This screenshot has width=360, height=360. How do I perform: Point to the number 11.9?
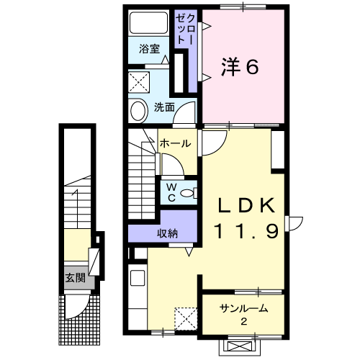tap(248, 232)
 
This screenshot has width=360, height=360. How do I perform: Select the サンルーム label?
tap(244, 308)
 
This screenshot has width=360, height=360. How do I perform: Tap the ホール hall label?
tap(175, 143)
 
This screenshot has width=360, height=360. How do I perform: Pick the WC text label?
tap(172, 192)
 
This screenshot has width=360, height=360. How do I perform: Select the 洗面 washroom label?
tap(164, 108)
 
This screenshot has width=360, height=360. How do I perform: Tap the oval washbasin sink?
tap(138, 110)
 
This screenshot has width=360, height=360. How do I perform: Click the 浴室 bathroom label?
tap(149, 51)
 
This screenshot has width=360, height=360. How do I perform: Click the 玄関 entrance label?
tap(73, 276)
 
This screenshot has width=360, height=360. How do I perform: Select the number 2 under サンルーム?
tap(244, 321)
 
